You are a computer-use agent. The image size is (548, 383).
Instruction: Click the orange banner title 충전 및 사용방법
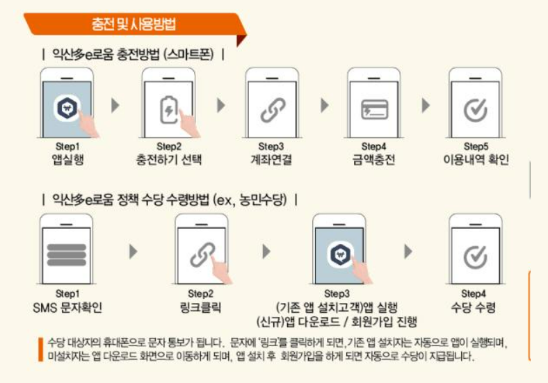click(x=134, y=24)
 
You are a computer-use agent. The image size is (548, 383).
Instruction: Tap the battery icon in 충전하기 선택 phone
click(x=169, y=110)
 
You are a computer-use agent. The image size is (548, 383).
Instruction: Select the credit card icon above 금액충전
click(x=374, y=110)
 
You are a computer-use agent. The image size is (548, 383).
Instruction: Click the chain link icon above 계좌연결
click(x=273, y=110)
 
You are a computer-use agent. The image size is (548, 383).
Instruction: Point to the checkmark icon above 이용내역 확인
click(x=475, y=111)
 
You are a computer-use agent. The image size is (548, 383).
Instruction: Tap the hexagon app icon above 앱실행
click(x=67, y=108)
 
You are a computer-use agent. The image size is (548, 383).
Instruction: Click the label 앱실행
click(x=67, y=160)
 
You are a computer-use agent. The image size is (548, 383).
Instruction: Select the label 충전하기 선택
click(x=169, y=160)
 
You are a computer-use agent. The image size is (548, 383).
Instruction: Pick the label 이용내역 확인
click(x=476, y=160)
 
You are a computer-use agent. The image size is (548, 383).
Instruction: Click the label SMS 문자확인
click(x=67, y=307)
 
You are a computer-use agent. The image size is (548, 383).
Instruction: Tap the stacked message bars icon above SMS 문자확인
click(x=66, y=254)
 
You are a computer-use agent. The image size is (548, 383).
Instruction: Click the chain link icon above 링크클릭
click(x=202, y=255)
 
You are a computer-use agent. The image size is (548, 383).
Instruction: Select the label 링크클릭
click(x=200, y=307)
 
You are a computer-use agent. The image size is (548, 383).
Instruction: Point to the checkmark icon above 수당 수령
click(x=475, y=257)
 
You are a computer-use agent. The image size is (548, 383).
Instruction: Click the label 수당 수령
click(x=474, y=307)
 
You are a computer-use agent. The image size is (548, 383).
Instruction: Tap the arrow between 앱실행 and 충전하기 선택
click(x=115, y=106)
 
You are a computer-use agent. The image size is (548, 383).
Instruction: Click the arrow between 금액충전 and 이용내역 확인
click(x=426, y=106)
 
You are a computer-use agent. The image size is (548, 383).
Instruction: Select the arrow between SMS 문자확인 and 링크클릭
click(x=133, y=252)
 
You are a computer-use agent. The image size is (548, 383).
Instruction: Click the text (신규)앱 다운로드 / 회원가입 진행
click(x=337, y=322)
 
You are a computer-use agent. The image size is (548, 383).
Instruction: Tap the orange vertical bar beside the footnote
click(x=40, y=350)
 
